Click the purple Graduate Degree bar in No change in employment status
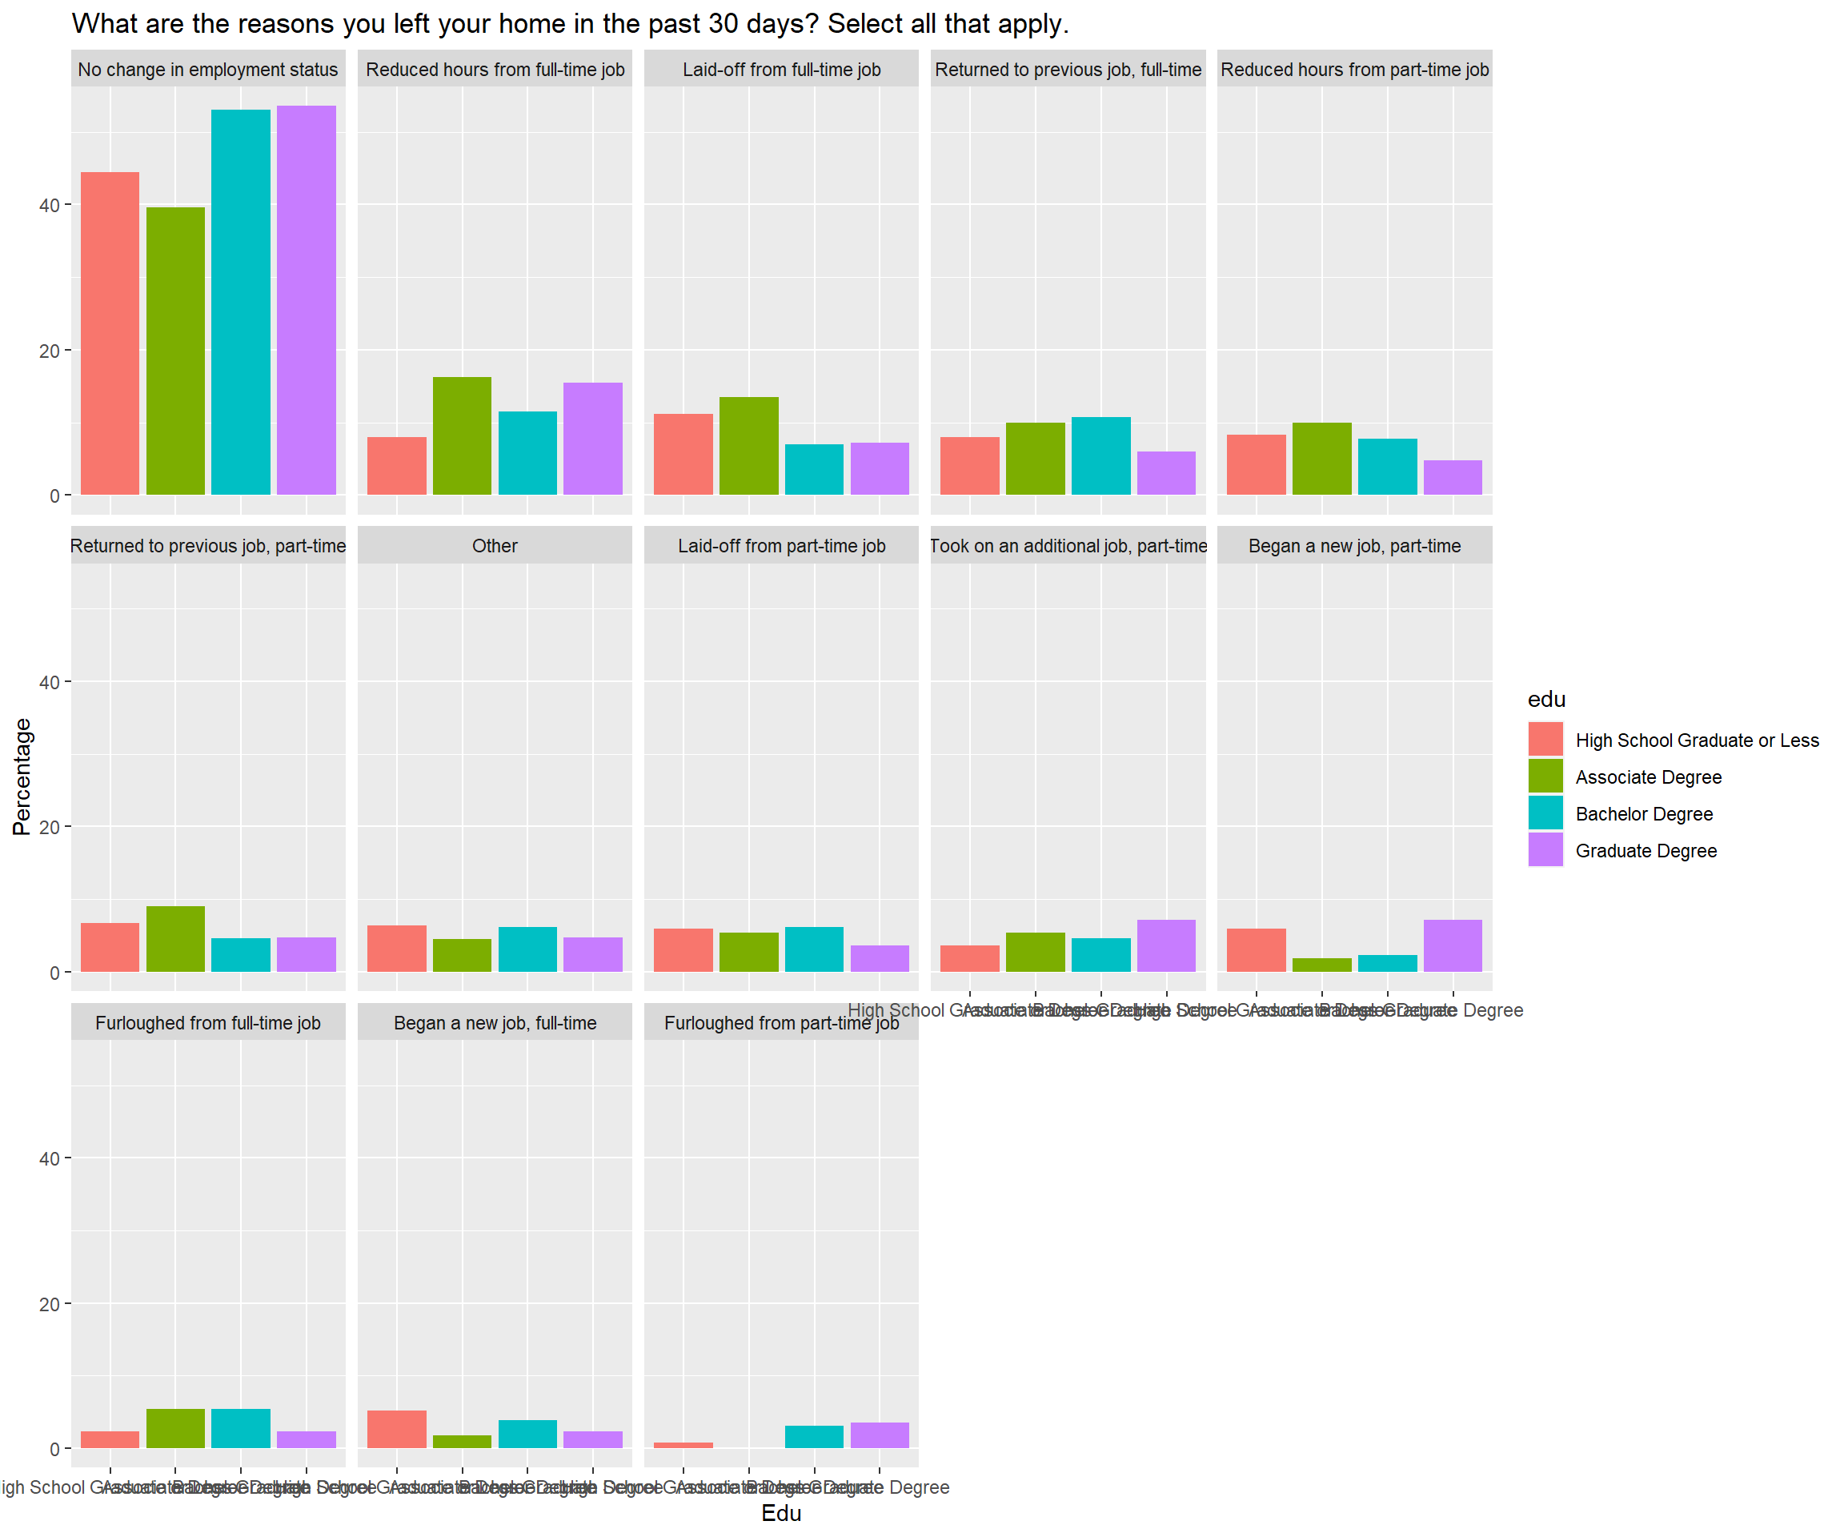(306, 299)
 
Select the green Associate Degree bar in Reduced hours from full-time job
(462, 435)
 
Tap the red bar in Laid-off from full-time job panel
(683, 454)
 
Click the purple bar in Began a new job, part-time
(1453, 946)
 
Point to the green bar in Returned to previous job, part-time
(175, 939)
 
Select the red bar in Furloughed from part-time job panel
(683, 1445)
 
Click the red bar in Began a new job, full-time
(397, 1429)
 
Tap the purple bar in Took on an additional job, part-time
(1166, 946)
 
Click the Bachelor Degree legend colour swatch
(1545, 813)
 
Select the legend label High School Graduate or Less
(1697, 740)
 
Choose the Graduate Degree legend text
(1646, 851)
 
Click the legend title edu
(1546, 700)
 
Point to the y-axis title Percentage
(22, 777)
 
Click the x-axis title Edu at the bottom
(780, 1513)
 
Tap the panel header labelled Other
(495, 546)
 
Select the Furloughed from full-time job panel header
(208, 1023)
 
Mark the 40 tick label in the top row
(49, 206)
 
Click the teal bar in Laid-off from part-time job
(814, 949)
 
